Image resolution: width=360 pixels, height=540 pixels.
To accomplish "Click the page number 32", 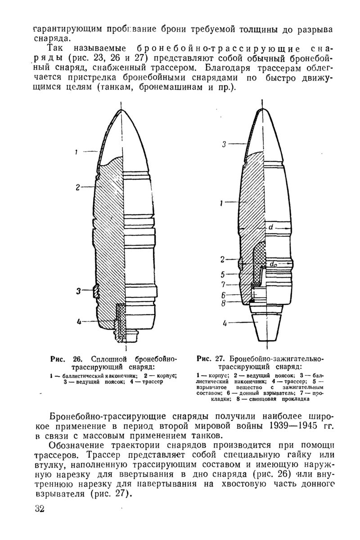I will [40, 509].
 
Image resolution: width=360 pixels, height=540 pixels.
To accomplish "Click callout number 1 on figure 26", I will [77, 153].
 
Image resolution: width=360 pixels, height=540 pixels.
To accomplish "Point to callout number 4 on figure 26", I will [79, 321].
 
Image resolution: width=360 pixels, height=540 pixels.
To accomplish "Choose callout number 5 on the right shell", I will [223, 274].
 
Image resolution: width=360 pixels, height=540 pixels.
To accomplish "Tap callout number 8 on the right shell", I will [223, 303].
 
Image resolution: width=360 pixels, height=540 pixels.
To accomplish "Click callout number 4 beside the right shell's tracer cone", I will [224, 323].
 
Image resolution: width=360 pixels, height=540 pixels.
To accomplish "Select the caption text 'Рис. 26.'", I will [67, 359].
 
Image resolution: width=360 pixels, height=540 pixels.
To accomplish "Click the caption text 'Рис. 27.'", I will [211, 359].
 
